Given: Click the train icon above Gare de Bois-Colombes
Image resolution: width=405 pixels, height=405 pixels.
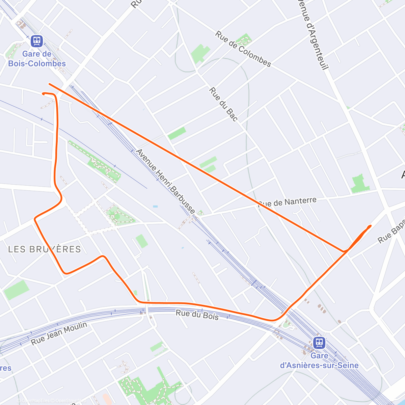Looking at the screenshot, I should (x=36, y=41).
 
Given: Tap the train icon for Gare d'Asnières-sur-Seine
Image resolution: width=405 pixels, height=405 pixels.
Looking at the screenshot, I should (x=319, y=343).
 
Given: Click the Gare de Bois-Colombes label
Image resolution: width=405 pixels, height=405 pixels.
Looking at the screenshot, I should (x=37, y=59).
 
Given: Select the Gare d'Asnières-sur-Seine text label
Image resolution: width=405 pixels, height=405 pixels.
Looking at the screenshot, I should (x=319, y=360).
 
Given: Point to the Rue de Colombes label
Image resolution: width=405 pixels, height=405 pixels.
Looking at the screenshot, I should (x=243, y=49).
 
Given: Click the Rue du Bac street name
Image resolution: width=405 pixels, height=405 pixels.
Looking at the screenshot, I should (x=223, y=104).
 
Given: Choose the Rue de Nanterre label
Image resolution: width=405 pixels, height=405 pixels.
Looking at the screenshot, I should (x=288, y=202).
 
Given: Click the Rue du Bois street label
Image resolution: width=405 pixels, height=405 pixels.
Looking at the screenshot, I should (x=197, y=315).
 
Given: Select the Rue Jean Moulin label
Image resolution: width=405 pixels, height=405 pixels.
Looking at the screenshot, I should (x=59, y=333).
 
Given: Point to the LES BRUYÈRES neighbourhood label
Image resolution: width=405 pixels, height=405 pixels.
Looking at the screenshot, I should (x=45, y=249).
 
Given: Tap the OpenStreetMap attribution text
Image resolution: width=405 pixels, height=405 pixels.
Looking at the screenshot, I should (x=71, y=401).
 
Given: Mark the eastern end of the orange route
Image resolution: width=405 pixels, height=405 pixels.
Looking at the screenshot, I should (x=370, y=226).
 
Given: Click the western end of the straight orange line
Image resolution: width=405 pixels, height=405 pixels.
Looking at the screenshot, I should (x=50, y=84).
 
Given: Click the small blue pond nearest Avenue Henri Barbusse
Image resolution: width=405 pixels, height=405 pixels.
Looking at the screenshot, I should (x=155, y=206).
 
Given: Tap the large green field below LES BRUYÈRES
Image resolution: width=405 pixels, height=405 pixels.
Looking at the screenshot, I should (x=16, y=289).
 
